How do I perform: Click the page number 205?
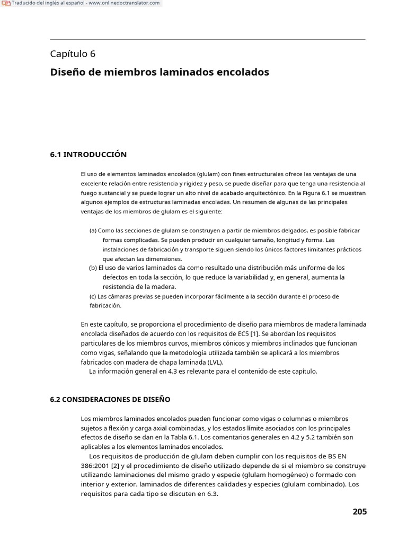coord(359,511)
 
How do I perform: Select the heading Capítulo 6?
coord(73,53)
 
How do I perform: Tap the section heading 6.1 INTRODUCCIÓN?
coord(88,155)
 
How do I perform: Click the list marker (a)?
coord(93,231)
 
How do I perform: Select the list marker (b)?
coord(93,268)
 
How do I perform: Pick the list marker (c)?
coord(93,296)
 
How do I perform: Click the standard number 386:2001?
coord(93,466)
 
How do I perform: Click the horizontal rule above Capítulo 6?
coord(207,40)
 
